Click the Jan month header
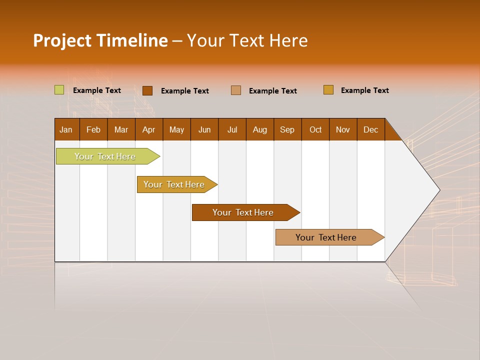(x=66, y=129)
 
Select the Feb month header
(x=93, y=129)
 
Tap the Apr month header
(x=149, y=129)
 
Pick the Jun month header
(x=204, y=129)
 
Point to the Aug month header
(x=260, y=129)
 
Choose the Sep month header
(x=287, y=129)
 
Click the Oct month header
(x=315, y=129)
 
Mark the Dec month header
(x=371, y=129)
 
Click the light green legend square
(x=59, y=90)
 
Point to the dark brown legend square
(x=147, y=90)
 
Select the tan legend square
(x=236, y=90)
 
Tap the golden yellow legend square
(x=328, y=90)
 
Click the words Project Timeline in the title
(x=100, y=40)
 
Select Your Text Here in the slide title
(x=247, y=40)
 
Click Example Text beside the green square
(x=97, y=90)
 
